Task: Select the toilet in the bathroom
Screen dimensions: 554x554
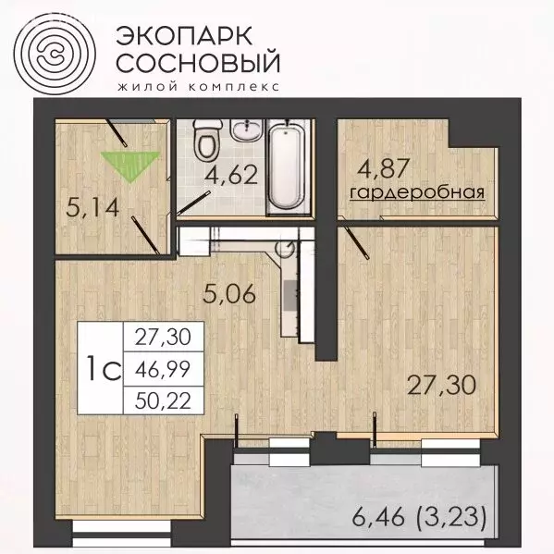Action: [205, 142]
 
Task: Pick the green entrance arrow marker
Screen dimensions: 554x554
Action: [127, 163]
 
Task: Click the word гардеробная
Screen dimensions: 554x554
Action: [417, 192]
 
